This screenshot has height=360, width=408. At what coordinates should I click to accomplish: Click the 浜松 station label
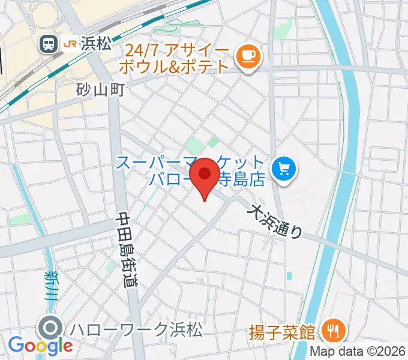coord(92,43)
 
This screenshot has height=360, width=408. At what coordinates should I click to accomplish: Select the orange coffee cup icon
coord(248,56)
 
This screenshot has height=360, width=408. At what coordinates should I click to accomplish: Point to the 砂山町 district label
coord(100,90)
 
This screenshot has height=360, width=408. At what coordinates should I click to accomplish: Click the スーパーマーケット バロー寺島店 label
coord(190,171)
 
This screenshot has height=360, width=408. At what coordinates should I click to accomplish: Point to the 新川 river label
coord(50,285)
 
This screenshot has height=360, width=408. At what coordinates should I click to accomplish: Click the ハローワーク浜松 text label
coord(136,329)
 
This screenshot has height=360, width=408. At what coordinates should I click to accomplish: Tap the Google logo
coord(40,346)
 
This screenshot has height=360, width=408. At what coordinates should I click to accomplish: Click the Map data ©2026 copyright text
coord(358,352)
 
